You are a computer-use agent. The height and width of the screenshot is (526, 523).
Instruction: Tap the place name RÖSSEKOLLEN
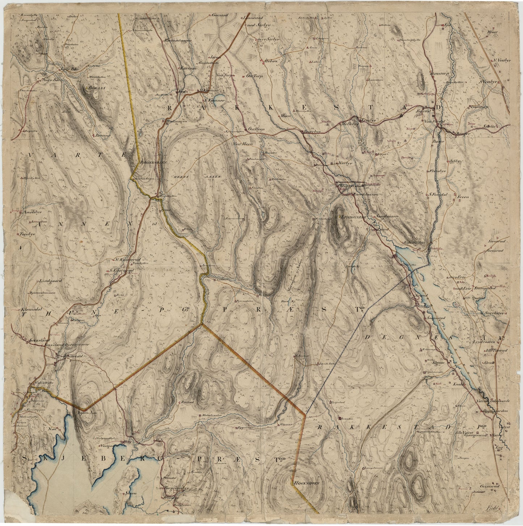[x=153, y=163]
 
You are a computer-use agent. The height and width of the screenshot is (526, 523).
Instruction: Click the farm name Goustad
[x=220, y=16]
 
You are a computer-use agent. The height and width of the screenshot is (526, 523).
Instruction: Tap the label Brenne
[x=104, y=135]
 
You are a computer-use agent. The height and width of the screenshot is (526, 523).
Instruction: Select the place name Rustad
[x=186, y=401]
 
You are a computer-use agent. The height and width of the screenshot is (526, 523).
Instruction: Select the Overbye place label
[x=312, y=132]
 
